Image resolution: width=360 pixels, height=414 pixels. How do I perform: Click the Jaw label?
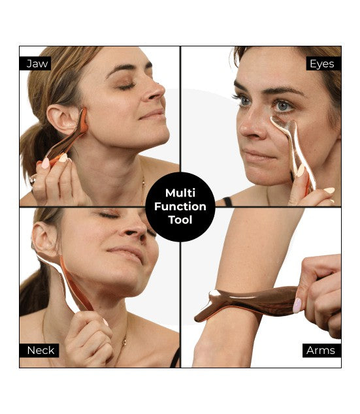pyautogui.click(x=38, y=63)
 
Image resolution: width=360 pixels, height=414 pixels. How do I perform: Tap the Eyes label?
pyautogui.click(x=322, y=63)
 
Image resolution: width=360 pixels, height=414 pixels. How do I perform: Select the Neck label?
pyautogui.click(x=41, y=351)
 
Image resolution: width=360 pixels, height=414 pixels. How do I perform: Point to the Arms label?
pyautogui.click(x=321, y=351)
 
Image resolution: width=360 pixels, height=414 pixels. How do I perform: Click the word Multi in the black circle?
pyautogui.click(x=180, y=193)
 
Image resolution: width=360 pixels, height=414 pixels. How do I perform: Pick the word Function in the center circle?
pyautogui.click(x=180, y=206)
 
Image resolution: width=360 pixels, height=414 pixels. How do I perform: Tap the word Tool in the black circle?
pyautogui.click(x=180, y=220)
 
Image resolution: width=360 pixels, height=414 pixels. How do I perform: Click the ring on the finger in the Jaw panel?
pyautogui.click(x=33, y=180)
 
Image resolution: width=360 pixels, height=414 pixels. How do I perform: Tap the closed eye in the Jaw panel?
pyautogui.click(x=126, y=86)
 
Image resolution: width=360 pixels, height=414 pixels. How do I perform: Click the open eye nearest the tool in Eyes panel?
pyautogui.click(x=283, y=105)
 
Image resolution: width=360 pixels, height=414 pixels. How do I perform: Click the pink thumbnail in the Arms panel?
pyautogui.click(x=297, y=305)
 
